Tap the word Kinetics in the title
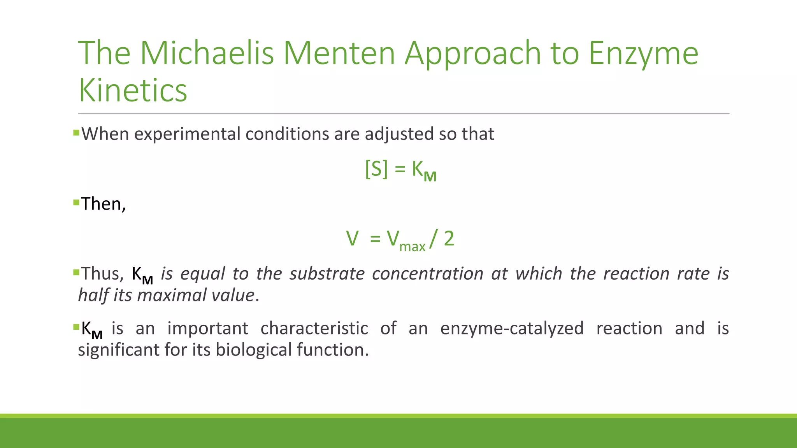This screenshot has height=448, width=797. [133, 90]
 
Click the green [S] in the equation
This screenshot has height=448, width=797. [376, 169]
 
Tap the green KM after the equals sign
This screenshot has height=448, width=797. [424, 170]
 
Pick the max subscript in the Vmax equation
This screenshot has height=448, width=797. [412, 247]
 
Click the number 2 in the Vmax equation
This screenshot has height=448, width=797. [449, 238]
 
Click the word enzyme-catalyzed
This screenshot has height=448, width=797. [512, 328]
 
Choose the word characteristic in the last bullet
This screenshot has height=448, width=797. [314, 328]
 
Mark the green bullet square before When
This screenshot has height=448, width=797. [76, 133]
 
